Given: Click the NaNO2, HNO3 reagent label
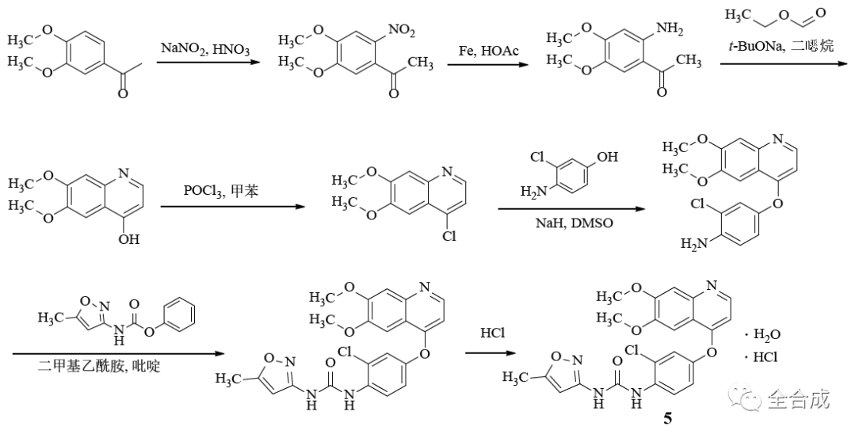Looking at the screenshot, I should [205, 49].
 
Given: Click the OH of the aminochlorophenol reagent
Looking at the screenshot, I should [607, 157].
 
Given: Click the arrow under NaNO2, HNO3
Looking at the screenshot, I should [208, 64].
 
